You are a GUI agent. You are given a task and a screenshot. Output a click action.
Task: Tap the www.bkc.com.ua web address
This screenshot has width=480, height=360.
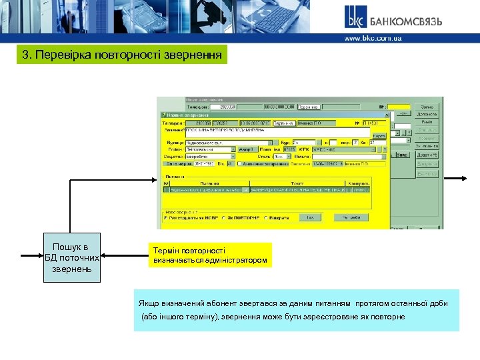point(373,39)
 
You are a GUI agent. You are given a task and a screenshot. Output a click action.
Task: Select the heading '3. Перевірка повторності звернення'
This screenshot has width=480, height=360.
point(122,55)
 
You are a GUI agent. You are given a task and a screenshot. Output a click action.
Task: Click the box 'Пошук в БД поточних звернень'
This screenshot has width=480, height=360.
point(72,257)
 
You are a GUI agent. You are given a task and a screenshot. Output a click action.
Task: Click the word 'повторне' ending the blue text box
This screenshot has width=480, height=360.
point(388,317)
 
